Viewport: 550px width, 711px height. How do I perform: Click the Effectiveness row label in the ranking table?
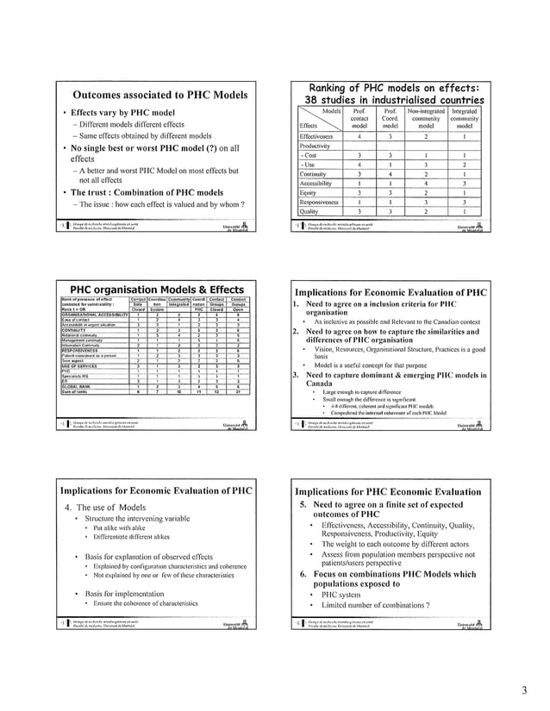pyautogui.click(x=321, y=135)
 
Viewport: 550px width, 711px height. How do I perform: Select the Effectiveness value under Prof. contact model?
pyautogui.click(x=358, y=135)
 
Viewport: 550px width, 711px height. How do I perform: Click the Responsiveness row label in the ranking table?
pyautogui.click(x=322, y=201)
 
